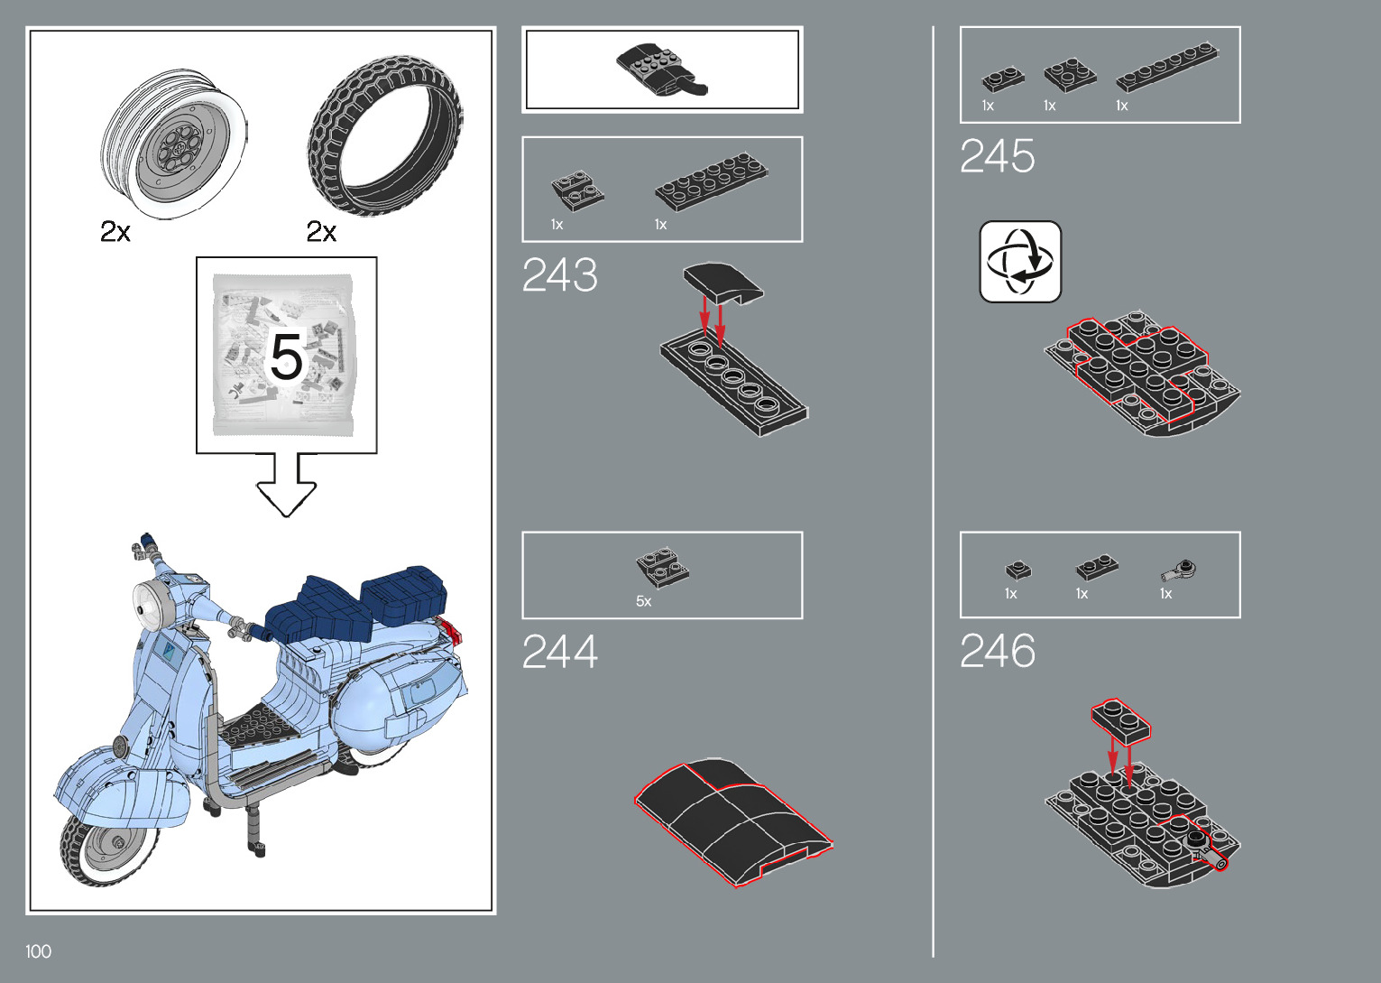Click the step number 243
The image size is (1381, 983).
click(x=559, y=275)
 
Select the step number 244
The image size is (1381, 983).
click(x=559, y=652)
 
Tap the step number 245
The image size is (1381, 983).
click(x=997, y=156)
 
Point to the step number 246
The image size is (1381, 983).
click(x=997, y=651)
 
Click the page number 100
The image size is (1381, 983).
click(x=38, y=951)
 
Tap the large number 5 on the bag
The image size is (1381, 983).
click(x=286, y=357)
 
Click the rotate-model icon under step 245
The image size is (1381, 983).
click(x=1020, y=262)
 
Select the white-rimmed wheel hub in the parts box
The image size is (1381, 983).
click(x=174, y=143)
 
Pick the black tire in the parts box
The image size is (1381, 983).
click(x=385, y=135)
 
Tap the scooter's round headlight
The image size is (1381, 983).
click(x=152, y=606)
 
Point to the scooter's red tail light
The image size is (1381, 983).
click(x=449, y=629)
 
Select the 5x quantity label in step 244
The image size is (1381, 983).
click(x=643, y=601)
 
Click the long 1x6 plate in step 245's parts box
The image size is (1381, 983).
click(x=1166, y=67)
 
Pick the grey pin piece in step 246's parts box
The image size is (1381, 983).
click(x=1180, y=570)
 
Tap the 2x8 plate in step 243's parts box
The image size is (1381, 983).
click(x=711, y=181)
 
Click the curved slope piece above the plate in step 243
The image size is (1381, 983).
click(x=723, y=282)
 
